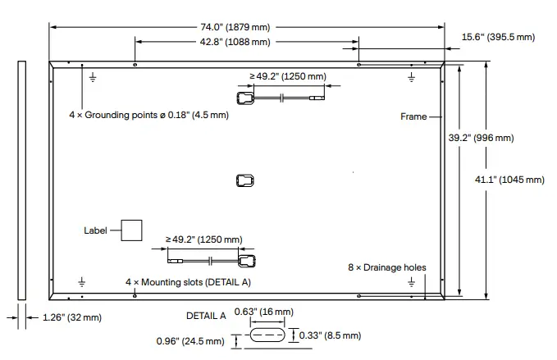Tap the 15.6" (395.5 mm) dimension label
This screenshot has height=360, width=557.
[497, 37]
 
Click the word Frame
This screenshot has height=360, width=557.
[413, 116]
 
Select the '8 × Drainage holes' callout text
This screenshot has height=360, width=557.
[386, 268]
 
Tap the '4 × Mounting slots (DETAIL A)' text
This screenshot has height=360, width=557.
[188, 281]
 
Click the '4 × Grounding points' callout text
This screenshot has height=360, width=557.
[148, 115]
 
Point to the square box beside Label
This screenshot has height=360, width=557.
[131, 230]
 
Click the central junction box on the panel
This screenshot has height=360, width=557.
[245, 180]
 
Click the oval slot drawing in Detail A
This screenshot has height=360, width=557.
[267, 336]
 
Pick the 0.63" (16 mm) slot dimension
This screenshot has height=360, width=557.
[263, 312]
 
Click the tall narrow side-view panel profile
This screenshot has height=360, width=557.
[22, 180]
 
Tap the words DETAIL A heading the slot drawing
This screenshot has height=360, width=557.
[206, 314]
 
